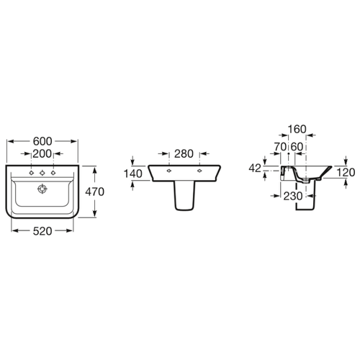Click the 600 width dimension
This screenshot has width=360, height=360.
(42, 141)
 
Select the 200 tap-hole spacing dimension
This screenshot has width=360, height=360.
(42, 153)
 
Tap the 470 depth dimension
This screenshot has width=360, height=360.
(95, 192)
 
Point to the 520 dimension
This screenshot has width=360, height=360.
(42, 231)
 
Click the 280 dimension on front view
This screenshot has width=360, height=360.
(184, 154)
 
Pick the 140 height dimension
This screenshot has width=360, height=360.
(132, 174)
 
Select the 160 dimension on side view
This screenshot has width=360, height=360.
(297, 129)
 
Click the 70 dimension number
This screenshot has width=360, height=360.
(280, 146)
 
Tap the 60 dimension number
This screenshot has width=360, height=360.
(297, 146)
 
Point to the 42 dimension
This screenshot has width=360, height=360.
(255, 168)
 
